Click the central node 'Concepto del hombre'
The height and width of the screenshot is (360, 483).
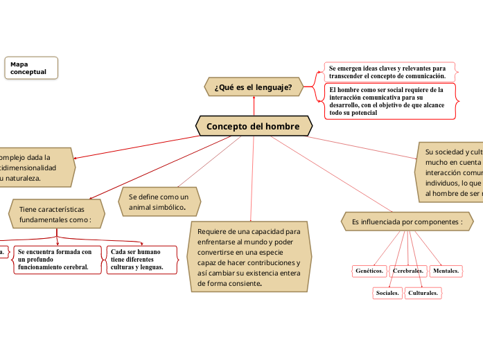pyautogui.click(x=254, y=127)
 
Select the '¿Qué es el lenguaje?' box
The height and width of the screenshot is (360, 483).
pyautogui.click(x=254, y=87)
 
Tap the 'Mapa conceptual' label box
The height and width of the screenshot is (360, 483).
pyautogui.click(x=30, y=68)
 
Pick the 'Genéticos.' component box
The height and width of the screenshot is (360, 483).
pyautogui.click(x=369, y=271)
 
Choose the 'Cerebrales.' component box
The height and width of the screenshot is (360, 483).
pyautogui.click(x=408, y=271)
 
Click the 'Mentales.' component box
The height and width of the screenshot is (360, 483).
pyautogui.click(x=446, y=271)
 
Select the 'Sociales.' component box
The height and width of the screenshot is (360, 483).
pyautogui.click(x=387, y=294)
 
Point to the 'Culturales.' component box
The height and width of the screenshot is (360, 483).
pyautogui.click(x=423, y=294)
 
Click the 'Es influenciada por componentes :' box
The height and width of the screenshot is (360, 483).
pyautogui.click(x=407, y=222)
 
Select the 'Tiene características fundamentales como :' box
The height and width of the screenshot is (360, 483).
pyautogui.click(x=55, y=214)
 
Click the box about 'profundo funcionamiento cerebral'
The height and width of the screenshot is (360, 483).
pyautogui.click(x=57, y=260)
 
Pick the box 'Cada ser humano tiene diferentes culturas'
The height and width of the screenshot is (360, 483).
pyautogui.click(x=141, y=260)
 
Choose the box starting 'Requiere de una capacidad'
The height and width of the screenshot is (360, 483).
pyautogui.click(x=249, y=257)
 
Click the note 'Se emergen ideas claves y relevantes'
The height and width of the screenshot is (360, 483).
pyautogui.click(x=389, y=72)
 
